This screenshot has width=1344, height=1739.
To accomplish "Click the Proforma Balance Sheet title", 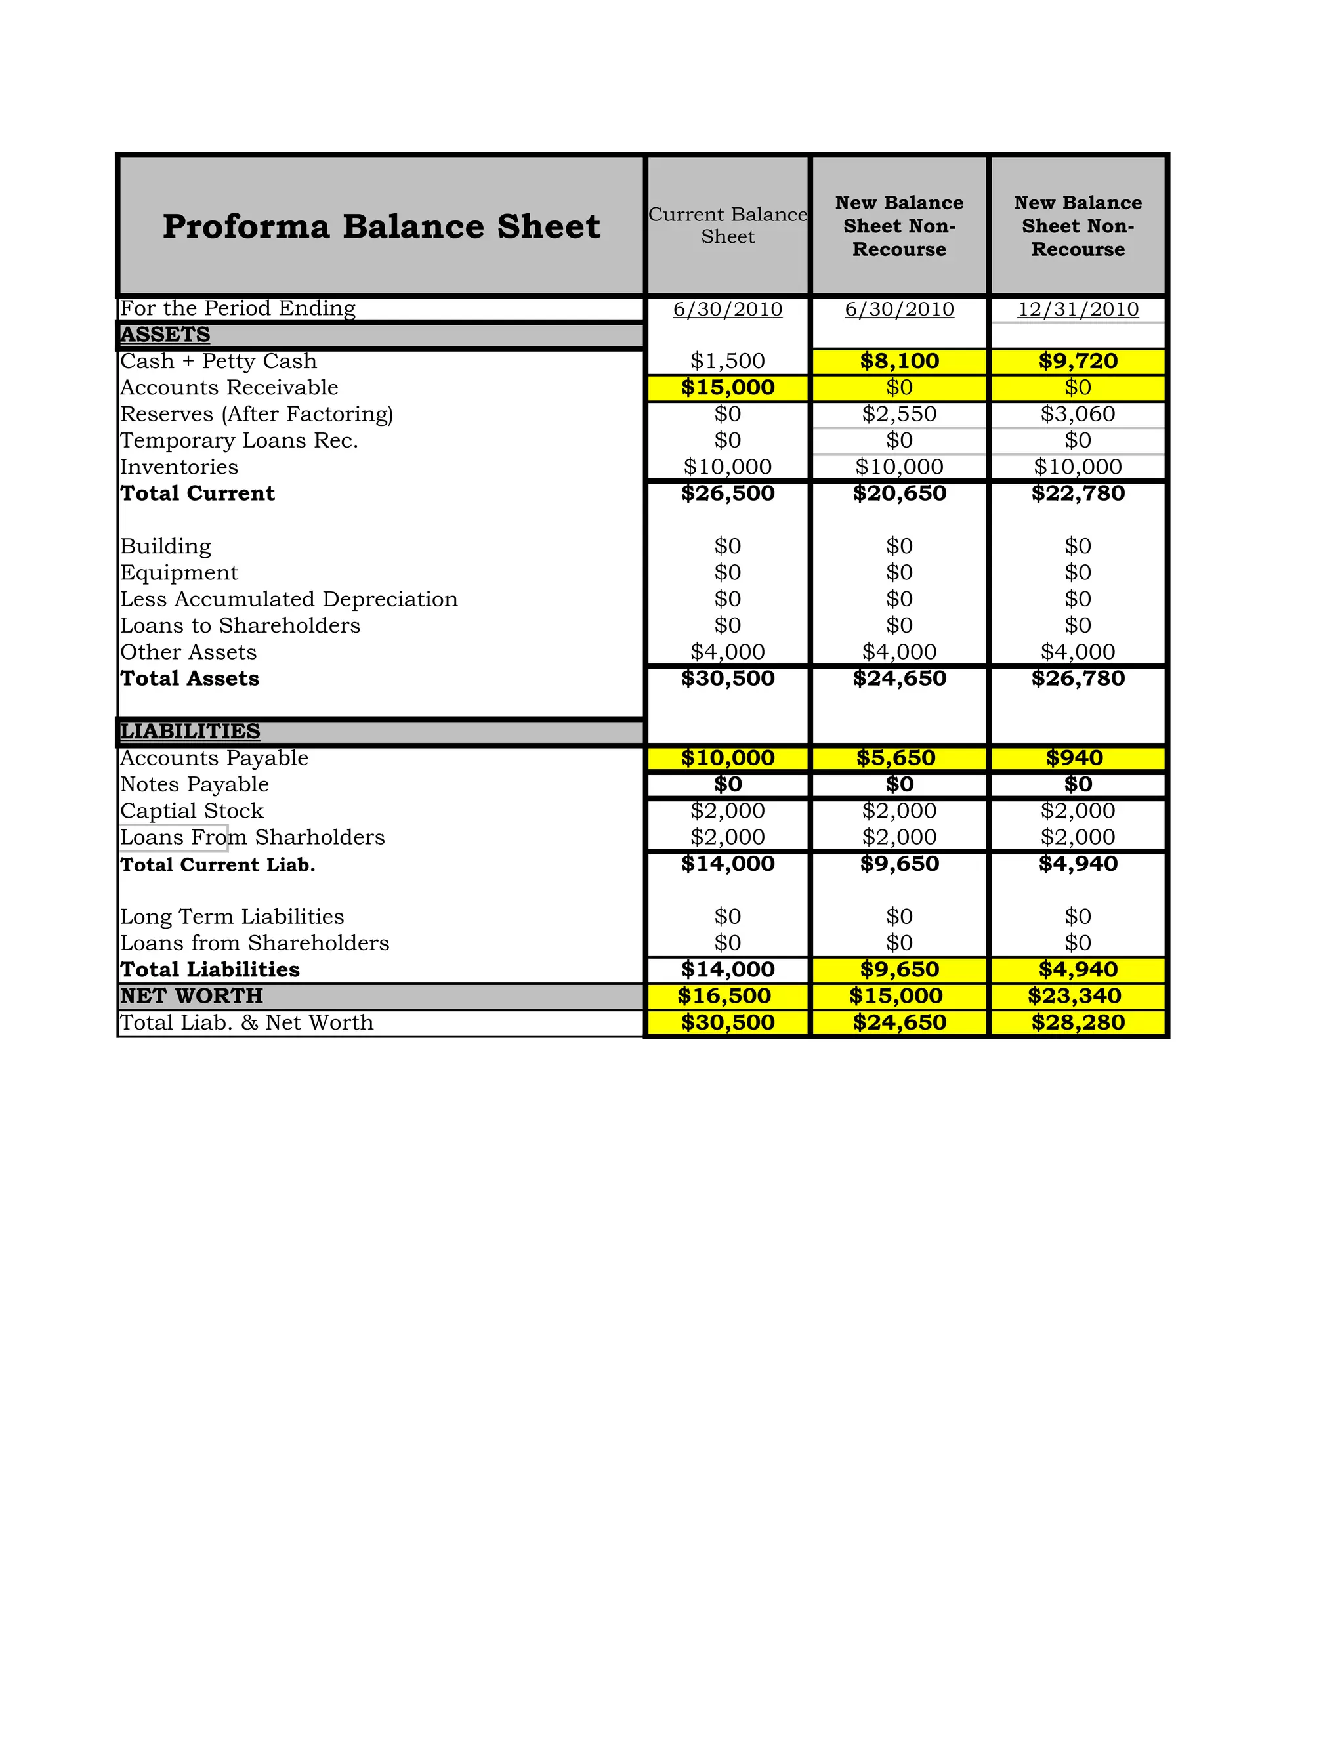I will (381, 226).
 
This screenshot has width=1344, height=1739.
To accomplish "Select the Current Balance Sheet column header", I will (727, 225).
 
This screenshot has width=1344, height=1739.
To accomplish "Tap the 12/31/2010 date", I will (1078, 309).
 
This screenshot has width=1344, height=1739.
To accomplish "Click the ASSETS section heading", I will (165, 335).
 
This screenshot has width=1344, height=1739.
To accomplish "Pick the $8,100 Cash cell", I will (899, 362).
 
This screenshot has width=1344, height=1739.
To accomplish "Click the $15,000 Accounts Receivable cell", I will (727, 388).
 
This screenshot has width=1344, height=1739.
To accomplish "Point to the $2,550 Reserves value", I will (899, 414).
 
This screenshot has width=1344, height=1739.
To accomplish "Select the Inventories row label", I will (179, 467).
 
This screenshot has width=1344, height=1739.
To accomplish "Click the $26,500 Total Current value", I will (727, 493).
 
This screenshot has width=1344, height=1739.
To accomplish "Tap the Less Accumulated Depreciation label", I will (289, 600).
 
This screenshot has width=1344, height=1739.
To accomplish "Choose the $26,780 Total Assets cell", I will (1078, 679).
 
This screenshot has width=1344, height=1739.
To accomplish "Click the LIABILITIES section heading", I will (190, 731).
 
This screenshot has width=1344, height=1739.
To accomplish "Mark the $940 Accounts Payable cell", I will (1078, 758).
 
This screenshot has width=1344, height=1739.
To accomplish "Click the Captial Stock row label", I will (192, 811).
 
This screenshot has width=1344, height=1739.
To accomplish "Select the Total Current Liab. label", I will (217, 865).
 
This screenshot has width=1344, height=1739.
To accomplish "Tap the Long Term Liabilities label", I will (232, 917).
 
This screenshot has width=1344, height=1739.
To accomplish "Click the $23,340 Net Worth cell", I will (1074, 996).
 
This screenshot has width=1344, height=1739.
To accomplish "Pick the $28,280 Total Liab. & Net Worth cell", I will (1078, 1023).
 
